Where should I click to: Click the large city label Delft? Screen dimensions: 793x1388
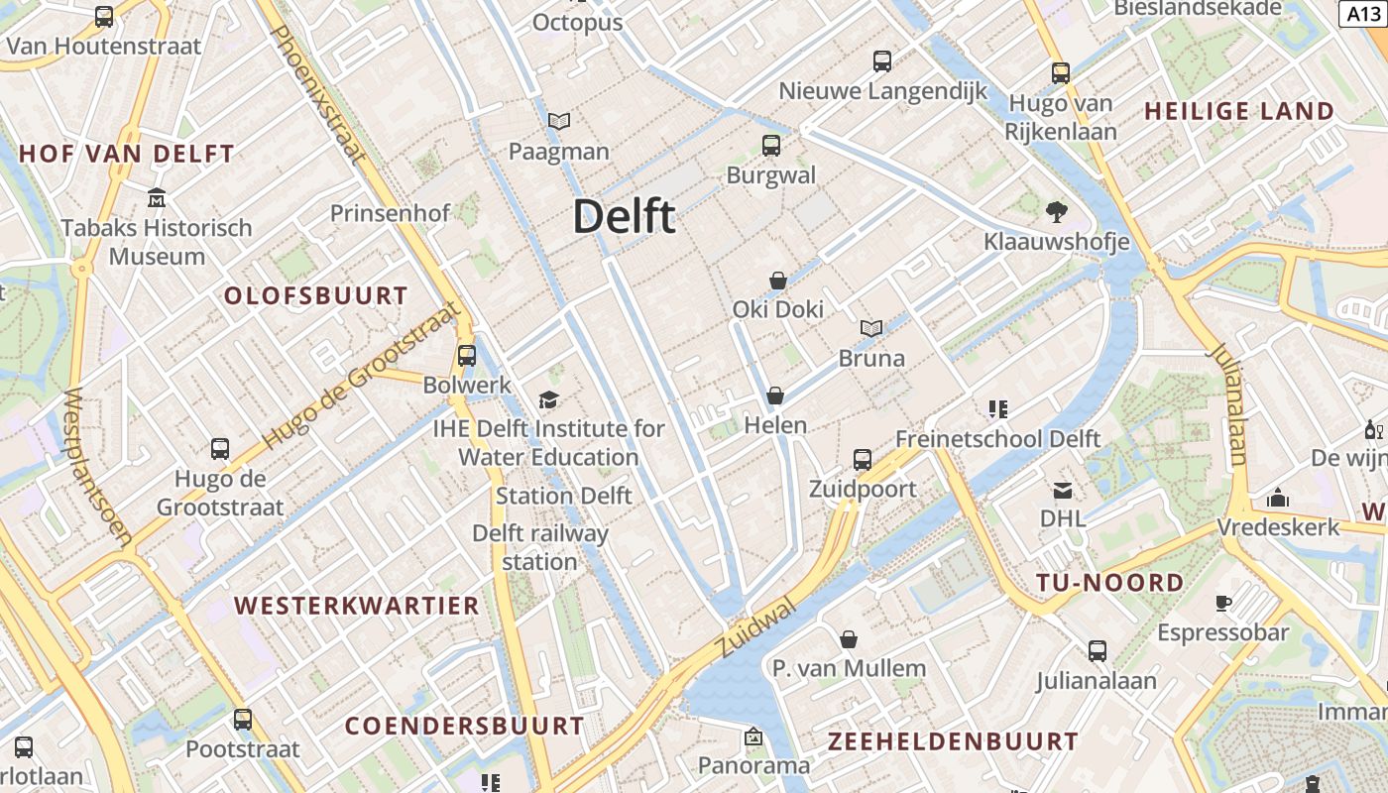(625, 216)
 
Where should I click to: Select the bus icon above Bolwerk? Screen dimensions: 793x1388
(467, 356)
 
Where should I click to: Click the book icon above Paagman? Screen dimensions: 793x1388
(559, 122)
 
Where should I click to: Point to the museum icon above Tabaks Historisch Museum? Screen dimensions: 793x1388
(157, 198)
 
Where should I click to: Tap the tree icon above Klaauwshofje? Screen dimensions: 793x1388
(1056, 211)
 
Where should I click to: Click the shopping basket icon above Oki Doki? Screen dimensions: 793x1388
(778, 281)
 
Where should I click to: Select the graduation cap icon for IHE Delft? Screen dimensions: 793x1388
(548, 399)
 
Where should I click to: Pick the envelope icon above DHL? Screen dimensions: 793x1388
(1063, 490)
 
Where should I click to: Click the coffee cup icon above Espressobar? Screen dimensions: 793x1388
(1223, 603)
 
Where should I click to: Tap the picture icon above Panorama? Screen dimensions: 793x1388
(753, 737)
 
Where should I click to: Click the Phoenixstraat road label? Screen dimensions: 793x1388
(318, 93)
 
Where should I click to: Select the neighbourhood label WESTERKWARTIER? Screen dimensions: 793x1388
(357, 605)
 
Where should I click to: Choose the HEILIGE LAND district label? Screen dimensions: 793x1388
(1239, 111)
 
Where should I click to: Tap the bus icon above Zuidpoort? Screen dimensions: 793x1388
(863, 460)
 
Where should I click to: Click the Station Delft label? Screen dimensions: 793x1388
(563, 496)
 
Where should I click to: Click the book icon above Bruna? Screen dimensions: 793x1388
(871, 328)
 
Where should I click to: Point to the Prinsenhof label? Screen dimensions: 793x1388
(390, 213)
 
